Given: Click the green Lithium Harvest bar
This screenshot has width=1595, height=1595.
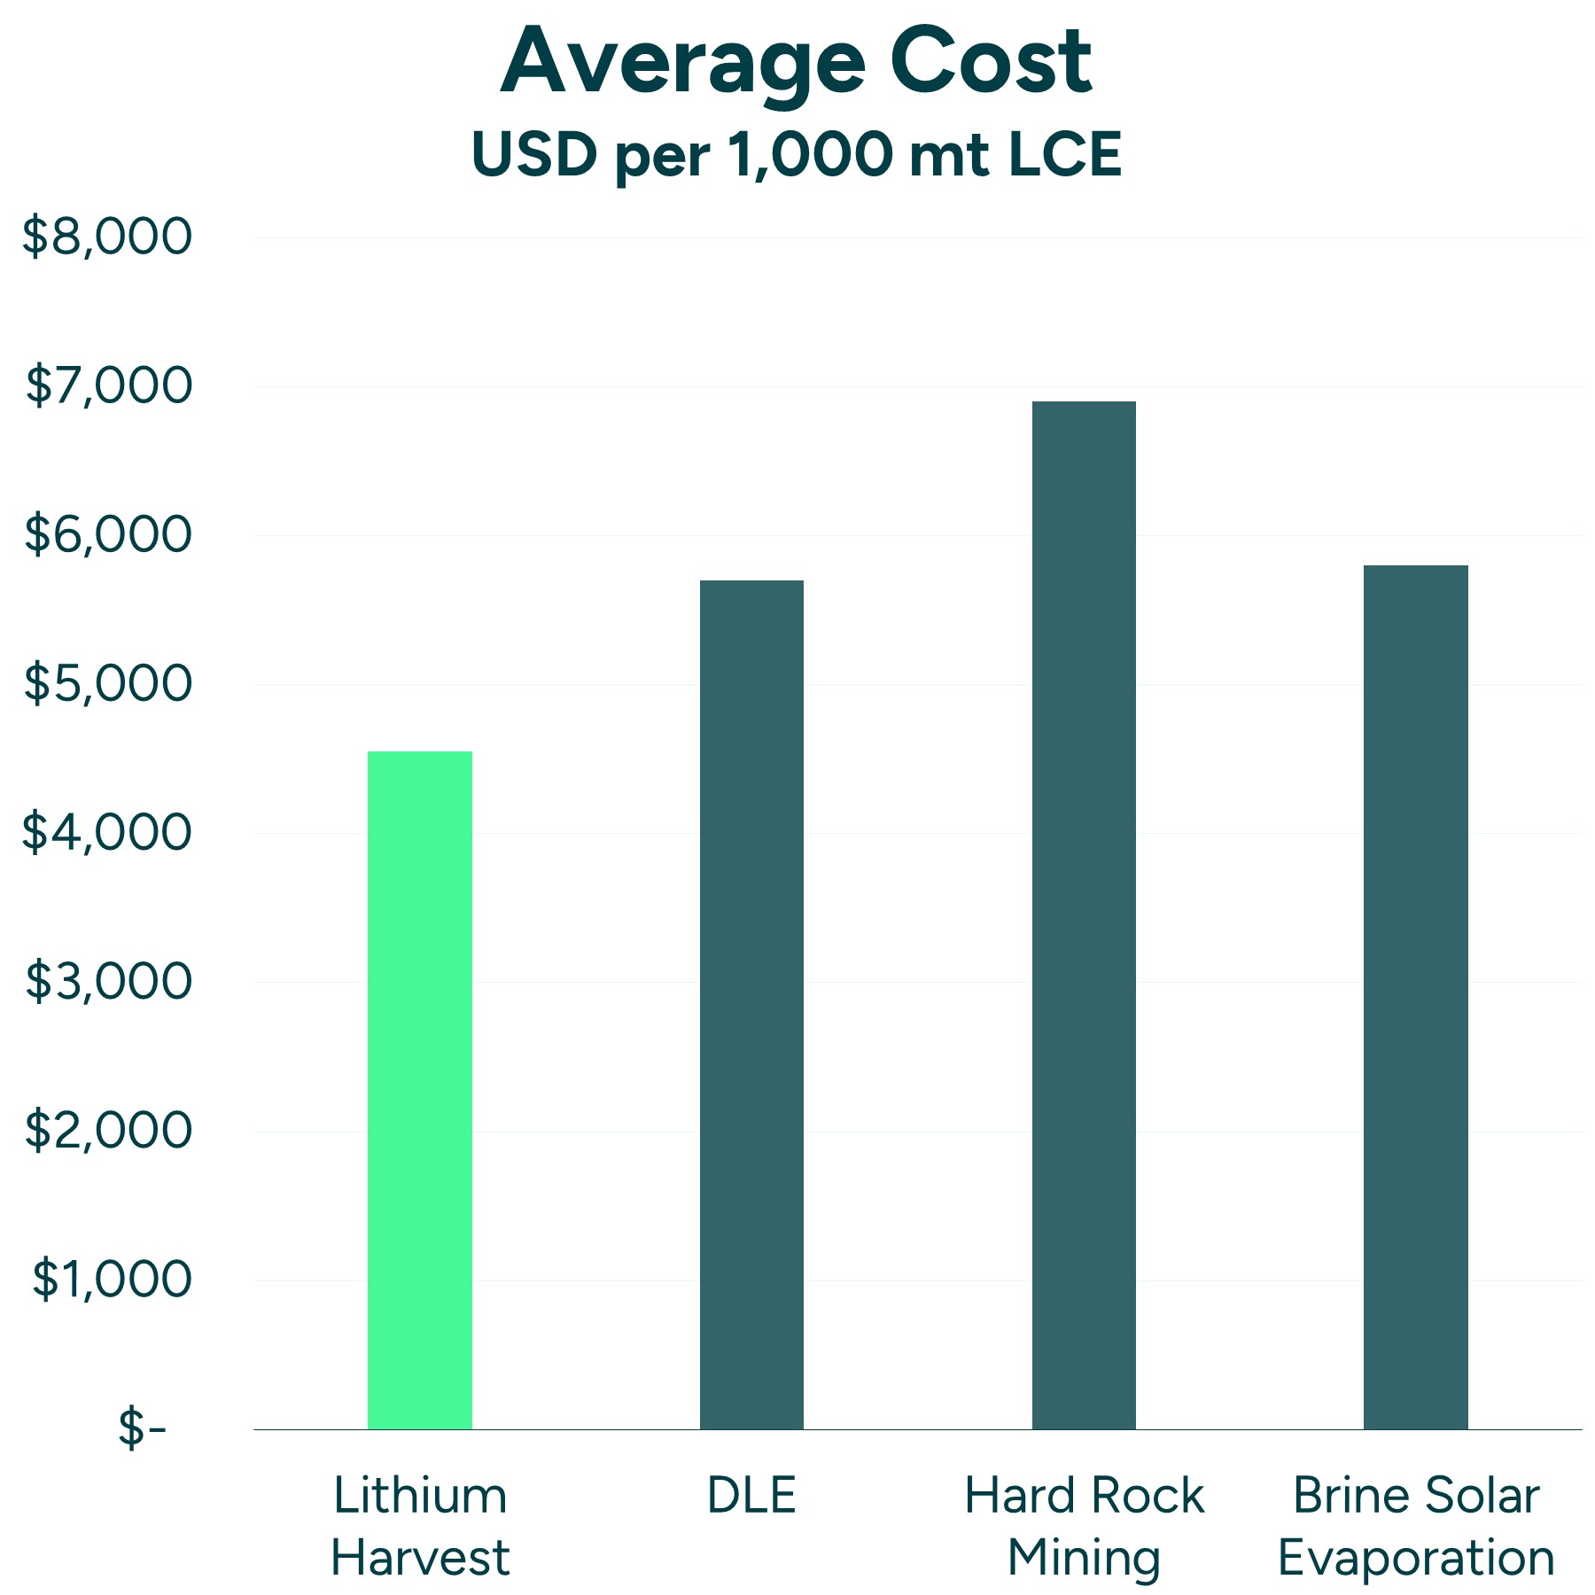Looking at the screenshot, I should coord(420,1090).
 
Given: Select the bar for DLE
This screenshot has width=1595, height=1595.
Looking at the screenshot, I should coord(751,1005).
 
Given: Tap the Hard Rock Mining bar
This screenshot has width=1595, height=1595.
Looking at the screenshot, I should coord(1084,915).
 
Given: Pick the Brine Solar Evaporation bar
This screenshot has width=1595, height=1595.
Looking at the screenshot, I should coord(1415,997).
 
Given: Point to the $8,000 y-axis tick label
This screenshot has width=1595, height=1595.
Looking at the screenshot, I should coord(107,237).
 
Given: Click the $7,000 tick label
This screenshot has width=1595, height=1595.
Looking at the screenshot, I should coord(108,385).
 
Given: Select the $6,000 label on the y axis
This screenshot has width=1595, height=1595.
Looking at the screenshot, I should coord(107,534).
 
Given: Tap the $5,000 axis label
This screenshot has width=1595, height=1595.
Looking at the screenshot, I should coord(107,683).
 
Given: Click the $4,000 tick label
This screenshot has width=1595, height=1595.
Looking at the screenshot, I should coord(107,832).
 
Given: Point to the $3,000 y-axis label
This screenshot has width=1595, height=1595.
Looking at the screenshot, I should coord(108,981).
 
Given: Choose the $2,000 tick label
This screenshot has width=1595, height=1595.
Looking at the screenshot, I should coord(108,1130).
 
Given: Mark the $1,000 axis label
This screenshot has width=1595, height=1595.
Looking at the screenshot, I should coord(112,1279).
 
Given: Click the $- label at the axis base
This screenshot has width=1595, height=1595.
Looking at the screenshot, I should coord(142,1428).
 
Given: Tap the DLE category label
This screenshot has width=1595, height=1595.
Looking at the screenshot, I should coord(751,1495).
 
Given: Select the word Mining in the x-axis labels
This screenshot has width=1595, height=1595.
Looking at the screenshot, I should coord(1084,1559).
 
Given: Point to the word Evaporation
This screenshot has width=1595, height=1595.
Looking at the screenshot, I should coord(1415,1559).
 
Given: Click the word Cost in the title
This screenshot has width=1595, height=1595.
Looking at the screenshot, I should coord(991,62).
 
